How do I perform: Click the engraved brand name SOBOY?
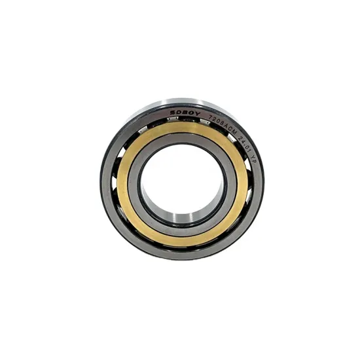pyautogui.click(x=185, y=113)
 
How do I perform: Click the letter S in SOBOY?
pyautogui.click(x=172, y=113)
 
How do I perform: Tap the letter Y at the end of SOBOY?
pyautogui.click(x=198, y=114)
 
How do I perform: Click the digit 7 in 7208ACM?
pyautogui.click(x=210, y=117)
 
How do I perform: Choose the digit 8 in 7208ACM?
pyautogui.click(x=222, y=123)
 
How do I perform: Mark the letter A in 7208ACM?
pyautogui.click(x=226, y=126)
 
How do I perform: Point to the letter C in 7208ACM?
pyautogui.click(x=230, y=129)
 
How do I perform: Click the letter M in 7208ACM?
pyautogui.click(x=234, y=132)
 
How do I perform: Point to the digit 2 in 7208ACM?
pyautogui.click(x=214, y=118)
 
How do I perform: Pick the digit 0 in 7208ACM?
pyautogui.click(x=218, y=121)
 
